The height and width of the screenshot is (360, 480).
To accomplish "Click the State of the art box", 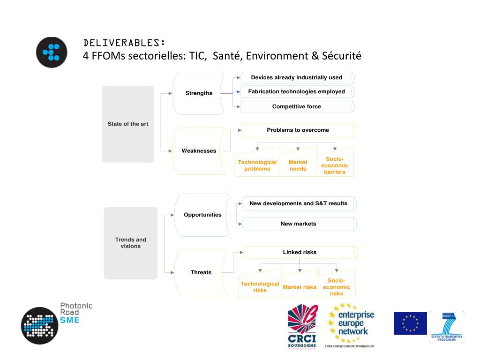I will point(128,124).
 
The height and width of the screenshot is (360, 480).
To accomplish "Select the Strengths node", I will point(199,93).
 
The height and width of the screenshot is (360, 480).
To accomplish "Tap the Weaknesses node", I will point(199,151).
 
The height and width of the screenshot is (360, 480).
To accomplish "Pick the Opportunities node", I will point(202,215).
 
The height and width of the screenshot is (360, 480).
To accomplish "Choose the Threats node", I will point(201,272).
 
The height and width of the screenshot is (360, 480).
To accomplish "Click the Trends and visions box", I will point(131,243).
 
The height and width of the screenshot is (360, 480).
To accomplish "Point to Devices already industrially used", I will point(297,77).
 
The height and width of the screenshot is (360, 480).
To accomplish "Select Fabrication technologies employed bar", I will point(297,92).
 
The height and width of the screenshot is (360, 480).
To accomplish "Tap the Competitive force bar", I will point(297,106).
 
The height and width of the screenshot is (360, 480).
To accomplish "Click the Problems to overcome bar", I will point(298,130).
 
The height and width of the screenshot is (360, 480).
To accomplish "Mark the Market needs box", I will point(298,165).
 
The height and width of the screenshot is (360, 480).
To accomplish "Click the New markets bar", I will point(299,224).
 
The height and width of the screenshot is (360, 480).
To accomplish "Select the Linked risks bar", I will point(300,252).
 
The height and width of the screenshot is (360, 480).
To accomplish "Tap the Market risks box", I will point(300,287).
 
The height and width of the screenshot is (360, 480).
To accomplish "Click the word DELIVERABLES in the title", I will point(123,43).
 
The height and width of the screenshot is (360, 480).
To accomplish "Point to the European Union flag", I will point(410,323).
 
